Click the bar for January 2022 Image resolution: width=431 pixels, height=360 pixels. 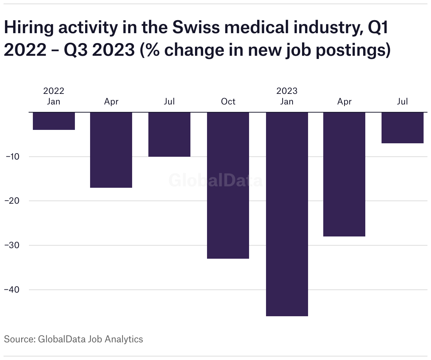(54, 121)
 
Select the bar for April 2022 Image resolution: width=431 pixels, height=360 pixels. (111, 150)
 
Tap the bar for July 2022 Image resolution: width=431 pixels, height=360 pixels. (169, 134)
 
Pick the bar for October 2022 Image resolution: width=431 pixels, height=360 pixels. (228, 185)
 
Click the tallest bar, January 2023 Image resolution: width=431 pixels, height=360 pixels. (287, 214)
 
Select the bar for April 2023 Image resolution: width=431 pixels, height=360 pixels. (344, 174)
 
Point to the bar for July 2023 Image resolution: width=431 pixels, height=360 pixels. (402, 128)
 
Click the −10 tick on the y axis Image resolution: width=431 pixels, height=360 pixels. (13, 156)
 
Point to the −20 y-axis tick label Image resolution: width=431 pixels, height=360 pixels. (13, 201)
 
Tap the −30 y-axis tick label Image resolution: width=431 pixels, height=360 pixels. (13, 245)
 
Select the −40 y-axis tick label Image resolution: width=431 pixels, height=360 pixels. (13, 290)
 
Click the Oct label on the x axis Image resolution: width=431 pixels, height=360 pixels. (228, 102)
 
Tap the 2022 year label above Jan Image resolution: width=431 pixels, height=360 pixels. (54, 91)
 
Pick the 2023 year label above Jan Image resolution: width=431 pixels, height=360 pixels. (287, 91)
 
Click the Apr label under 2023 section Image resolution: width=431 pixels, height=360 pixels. (344, 102)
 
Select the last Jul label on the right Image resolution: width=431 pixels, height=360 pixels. (402, 102)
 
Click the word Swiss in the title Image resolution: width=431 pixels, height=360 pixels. (195, 28)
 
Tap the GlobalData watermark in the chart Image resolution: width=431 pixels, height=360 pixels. (215, 180)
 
